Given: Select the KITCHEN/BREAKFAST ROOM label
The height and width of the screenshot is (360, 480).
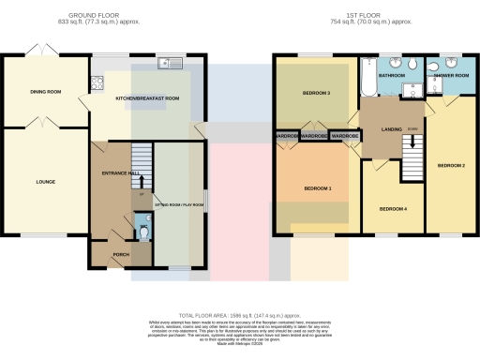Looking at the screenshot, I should (146, 97).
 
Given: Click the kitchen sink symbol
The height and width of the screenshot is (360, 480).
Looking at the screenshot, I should (169, 63).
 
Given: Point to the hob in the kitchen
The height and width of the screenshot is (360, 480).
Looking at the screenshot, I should (96, 82).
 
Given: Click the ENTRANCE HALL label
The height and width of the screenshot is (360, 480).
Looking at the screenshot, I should (120, 174).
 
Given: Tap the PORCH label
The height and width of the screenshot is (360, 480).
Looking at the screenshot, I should (121, 254).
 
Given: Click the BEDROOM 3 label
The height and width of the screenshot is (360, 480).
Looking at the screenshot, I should (316, 94).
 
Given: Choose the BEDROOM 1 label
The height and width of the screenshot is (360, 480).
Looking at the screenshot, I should (317, 188).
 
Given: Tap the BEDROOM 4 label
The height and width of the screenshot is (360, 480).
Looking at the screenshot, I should (392, 208).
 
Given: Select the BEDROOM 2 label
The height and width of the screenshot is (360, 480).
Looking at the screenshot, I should (451, 165).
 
